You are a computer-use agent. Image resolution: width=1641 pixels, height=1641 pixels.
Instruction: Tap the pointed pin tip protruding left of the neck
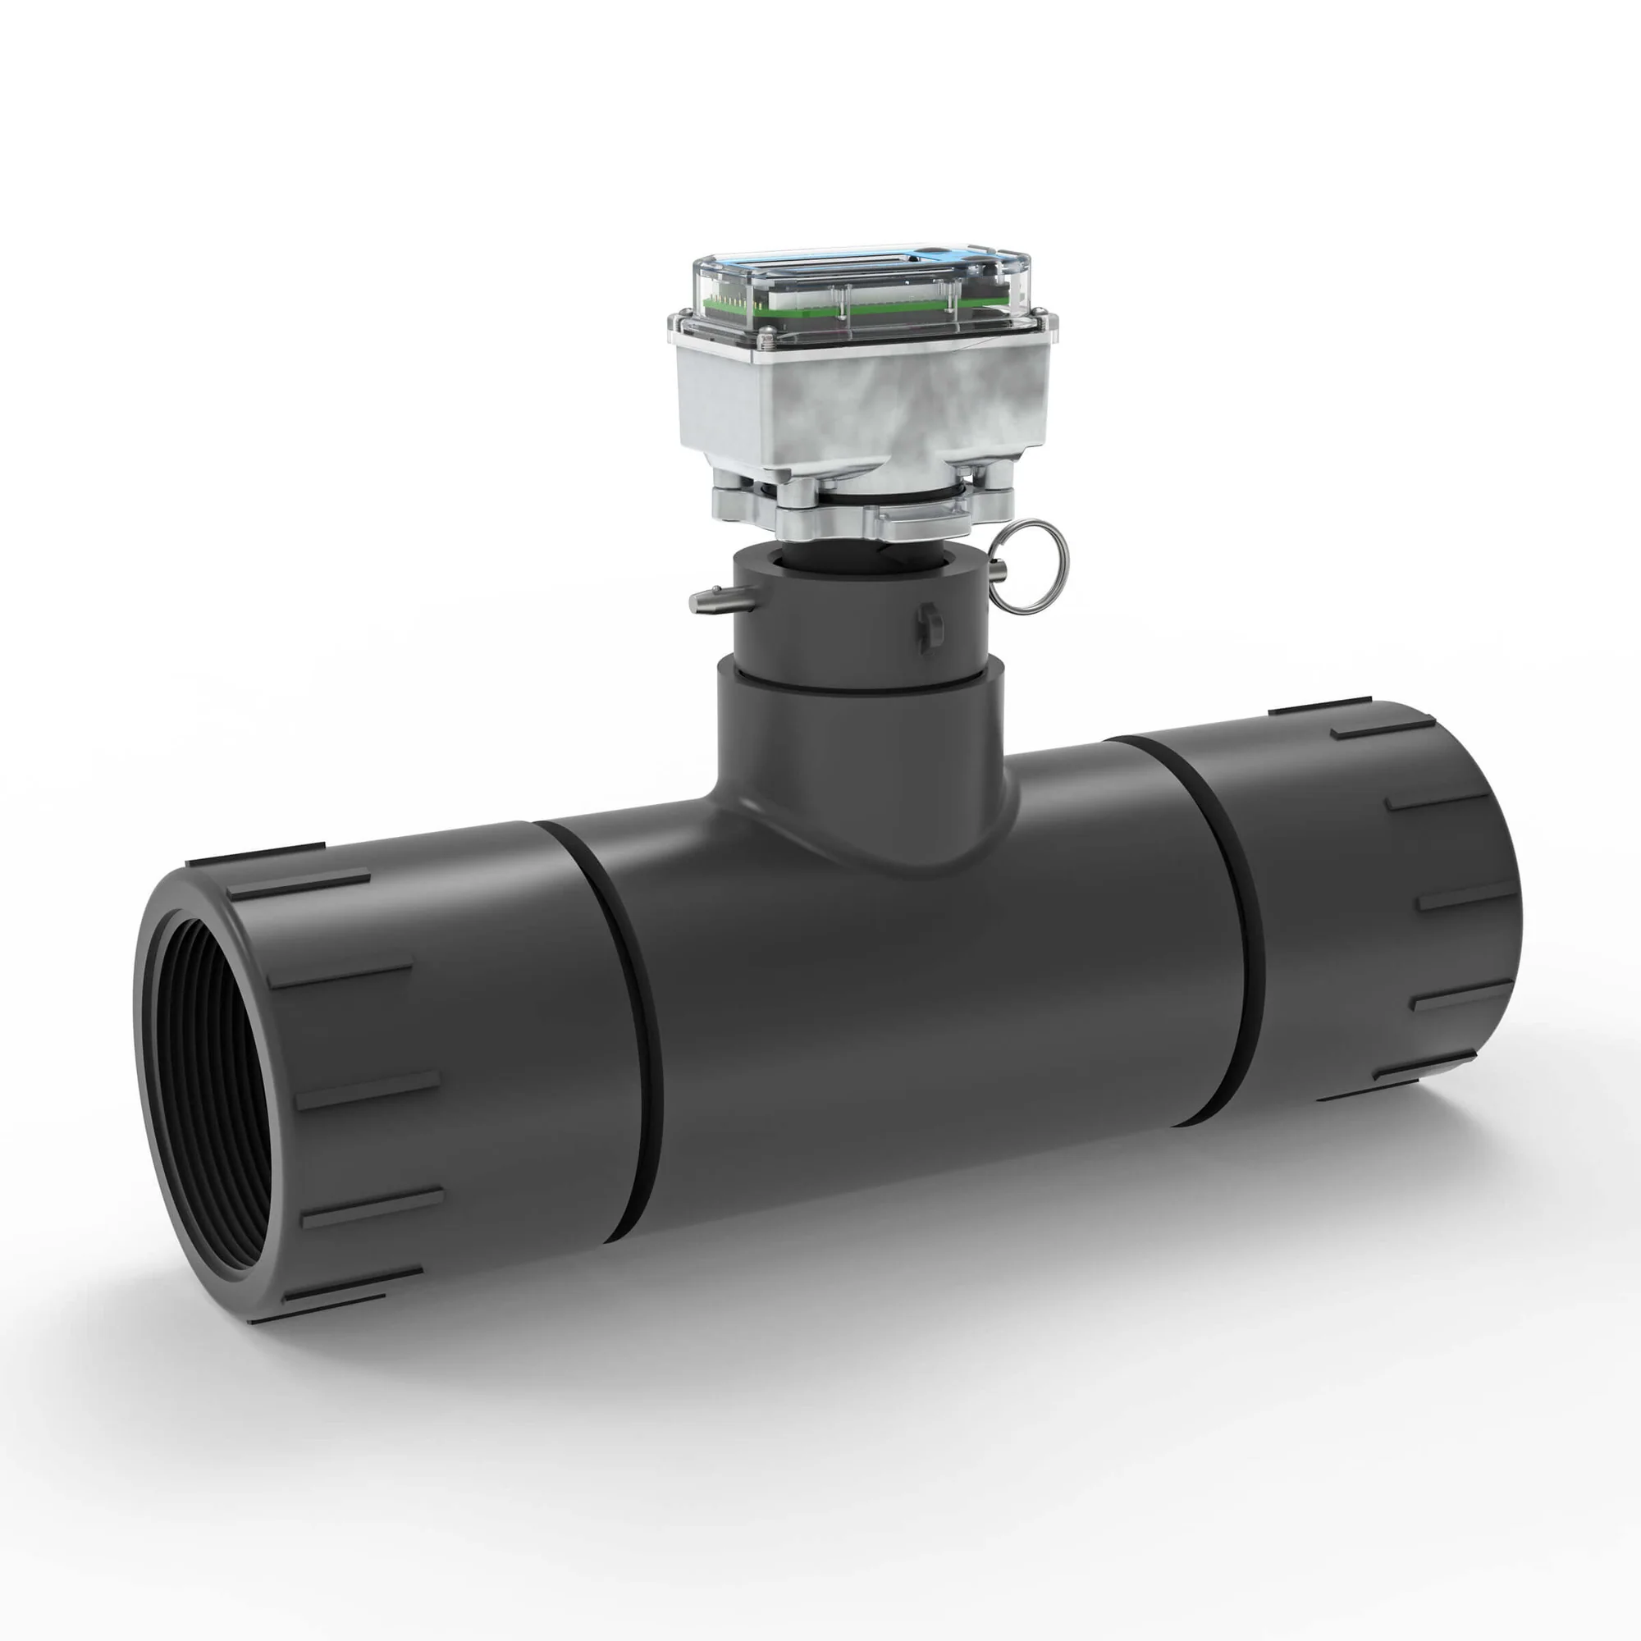tap(699, 601)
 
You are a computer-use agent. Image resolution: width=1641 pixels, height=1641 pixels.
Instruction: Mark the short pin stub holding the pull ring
tap(999, 569)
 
